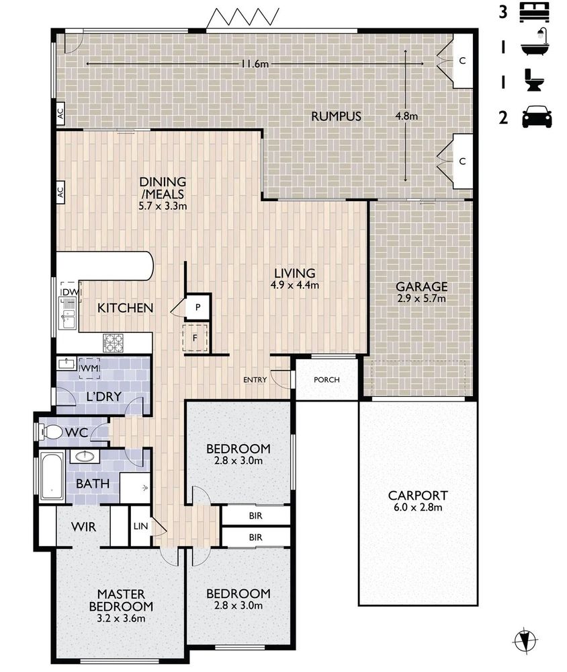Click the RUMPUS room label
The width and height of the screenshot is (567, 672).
pos(336,116)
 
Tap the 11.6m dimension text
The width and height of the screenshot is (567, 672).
pos(255,64)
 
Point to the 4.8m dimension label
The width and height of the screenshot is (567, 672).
pos(406,116)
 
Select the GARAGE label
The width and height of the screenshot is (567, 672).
pos(421,287)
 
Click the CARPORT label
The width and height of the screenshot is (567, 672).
pos(418,496)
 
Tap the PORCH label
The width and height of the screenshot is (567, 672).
pos(326,379)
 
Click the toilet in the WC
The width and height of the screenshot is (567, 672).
pos(50,432)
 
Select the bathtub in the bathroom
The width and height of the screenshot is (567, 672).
pos(52,476)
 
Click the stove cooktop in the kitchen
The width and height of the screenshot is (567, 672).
pos(113,343)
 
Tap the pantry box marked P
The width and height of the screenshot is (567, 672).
pos(198,307)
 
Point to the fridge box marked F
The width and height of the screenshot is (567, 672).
pos(195,338)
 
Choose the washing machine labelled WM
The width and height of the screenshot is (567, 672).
pos(89,369)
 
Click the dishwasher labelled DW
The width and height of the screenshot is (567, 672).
pos(71,291)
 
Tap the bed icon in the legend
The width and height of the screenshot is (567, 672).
pos(534,12)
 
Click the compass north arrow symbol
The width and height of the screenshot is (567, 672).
pos(525,640)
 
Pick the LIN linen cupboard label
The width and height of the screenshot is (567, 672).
pos(140,526)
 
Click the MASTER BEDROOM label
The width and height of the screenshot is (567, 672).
pos(121,601)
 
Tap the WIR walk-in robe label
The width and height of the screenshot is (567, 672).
pos(83,527)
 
